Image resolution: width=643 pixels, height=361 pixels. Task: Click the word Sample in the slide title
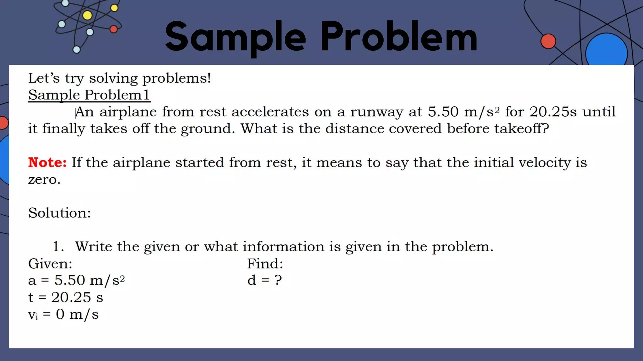coord(235,37)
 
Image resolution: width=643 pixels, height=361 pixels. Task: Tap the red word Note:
coord(47,162)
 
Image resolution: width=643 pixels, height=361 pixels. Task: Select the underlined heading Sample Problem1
coord(89,95)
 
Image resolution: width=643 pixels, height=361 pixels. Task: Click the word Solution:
coord(59,213)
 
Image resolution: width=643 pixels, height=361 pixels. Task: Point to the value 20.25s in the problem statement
coord(553,112)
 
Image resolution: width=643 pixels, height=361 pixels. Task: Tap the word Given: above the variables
coord(50,264)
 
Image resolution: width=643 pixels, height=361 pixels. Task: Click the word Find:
coord(265,264)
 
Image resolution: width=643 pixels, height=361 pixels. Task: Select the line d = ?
coord(264,280)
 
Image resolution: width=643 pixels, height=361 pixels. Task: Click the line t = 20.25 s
coord(65,297)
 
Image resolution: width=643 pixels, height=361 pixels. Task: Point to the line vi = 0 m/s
coord(63,314)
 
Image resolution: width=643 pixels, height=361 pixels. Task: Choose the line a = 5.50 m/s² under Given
coord(76,280)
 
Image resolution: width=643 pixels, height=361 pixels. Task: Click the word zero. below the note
coord(44,180)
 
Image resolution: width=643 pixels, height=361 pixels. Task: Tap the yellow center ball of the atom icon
coord(87,15)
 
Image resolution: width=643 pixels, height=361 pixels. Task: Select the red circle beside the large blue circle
coord(548,41)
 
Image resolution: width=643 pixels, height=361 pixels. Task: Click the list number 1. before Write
coord(58,247)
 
